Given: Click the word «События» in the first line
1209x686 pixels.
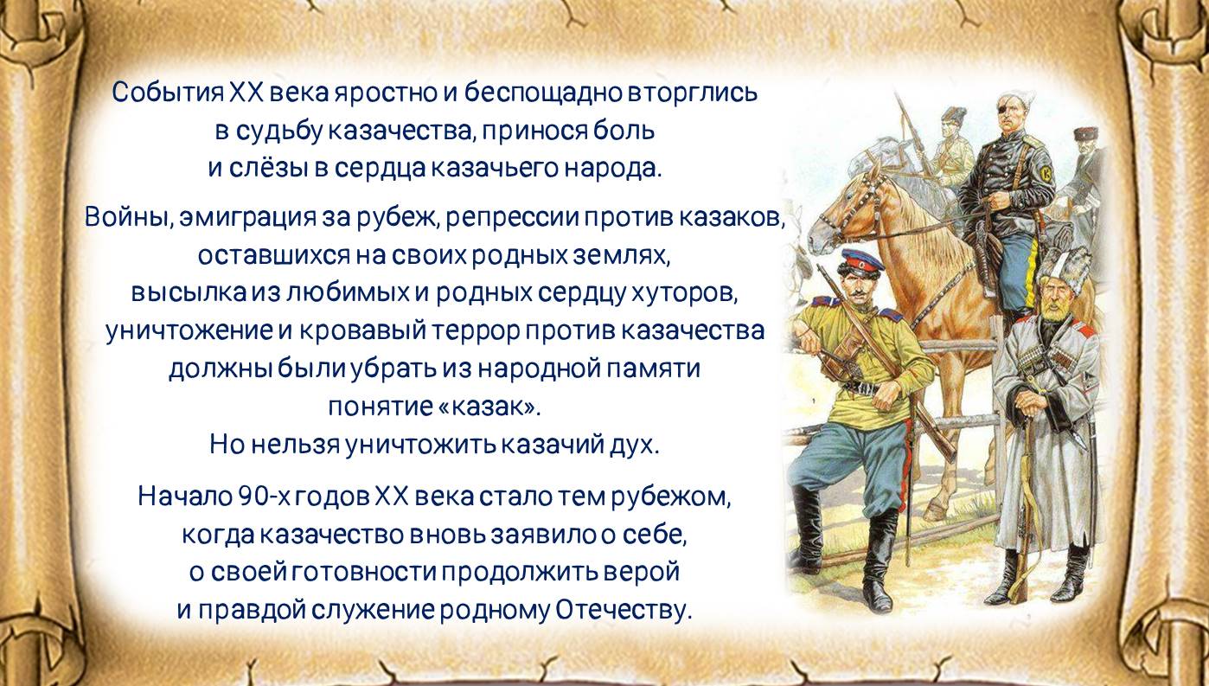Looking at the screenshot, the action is click(168, 93).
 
